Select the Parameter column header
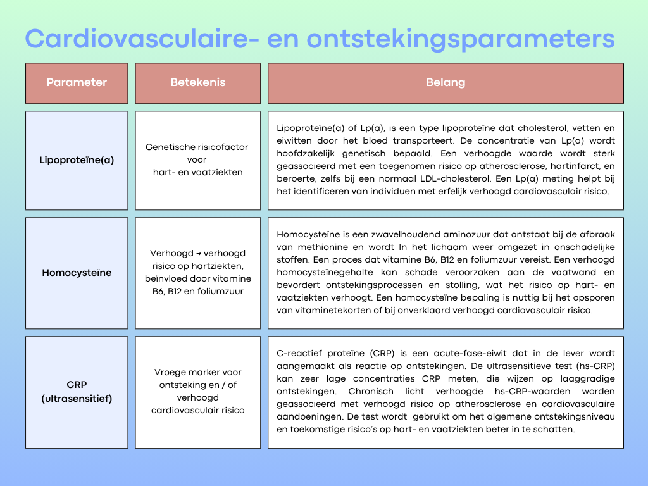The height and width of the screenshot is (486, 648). [x=77, y=83]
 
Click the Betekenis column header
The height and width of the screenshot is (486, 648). [x=197, y=83]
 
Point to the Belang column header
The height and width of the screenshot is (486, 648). [x=445, y=83]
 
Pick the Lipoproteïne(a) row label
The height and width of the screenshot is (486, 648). [x=77, y=160]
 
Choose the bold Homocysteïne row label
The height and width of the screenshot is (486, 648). [x=77, y=273]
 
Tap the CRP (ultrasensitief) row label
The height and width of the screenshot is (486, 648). [x=77, y=392]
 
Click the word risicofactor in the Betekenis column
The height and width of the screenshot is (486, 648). [x=219, y=147]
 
